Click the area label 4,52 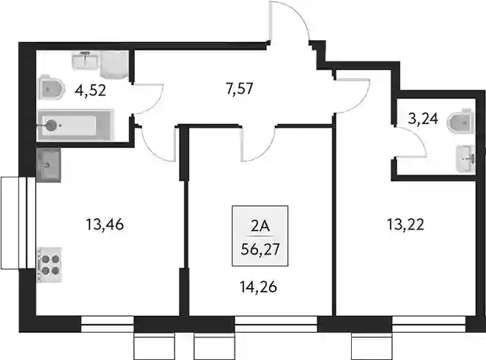click(90, 90)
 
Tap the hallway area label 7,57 click(239, 89)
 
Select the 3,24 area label click(423, 119)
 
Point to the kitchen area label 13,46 click(105, 224)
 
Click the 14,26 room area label click(258, 287)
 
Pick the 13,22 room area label click(405, 224)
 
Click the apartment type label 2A click(260, 227)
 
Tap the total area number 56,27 click(260, 249)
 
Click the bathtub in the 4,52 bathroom click(74, 125)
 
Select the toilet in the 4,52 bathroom click(51, 88)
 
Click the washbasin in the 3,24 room click(465, 159)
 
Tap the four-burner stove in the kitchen click(50, 265)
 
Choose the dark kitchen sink click(48, 165)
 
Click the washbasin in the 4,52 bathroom click(86, 61)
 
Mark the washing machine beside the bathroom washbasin click(114, 65)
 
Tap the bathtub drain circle click(51, 125)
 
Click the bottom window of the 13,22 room click(430, 324)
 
